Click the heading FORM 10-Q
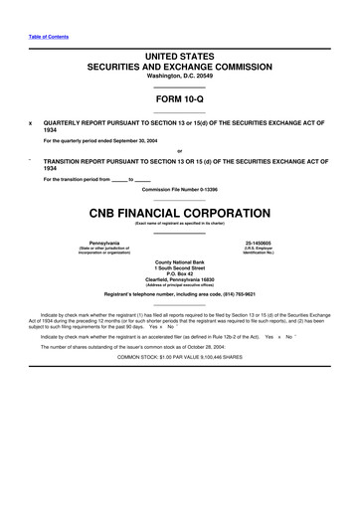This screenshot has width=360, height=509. [x=180, y=100]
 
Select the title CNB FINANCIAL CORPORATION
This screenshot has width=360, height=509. [x=180, y=213]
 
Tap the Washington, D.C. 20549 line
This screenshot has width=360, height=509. [x=180, y=76]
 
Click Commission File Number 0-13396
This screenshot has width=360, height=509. [x=180, y=189]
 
